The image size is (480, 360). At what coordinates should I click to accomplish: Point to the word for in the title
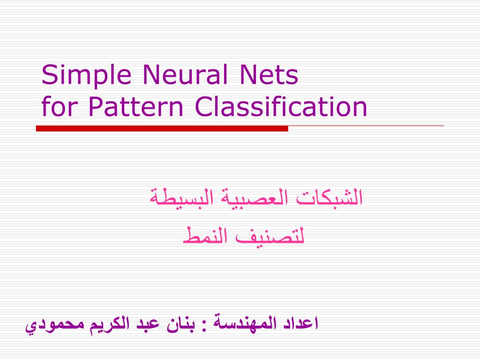tap(56, 107)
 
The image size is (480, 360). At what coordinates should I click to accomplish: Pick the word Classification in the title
tap(281, 107)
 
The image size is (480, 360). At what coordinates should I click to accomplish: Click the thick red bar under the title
tap(162, 128)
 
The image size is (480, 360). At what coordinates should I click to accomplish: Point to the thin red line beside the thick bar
tap(366, 126)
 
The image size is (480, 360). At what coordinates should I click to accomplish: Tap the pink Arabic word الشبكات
tap(332, 197)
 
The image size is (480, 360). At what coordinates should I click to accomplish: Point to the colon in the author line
tap(204, 324)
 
